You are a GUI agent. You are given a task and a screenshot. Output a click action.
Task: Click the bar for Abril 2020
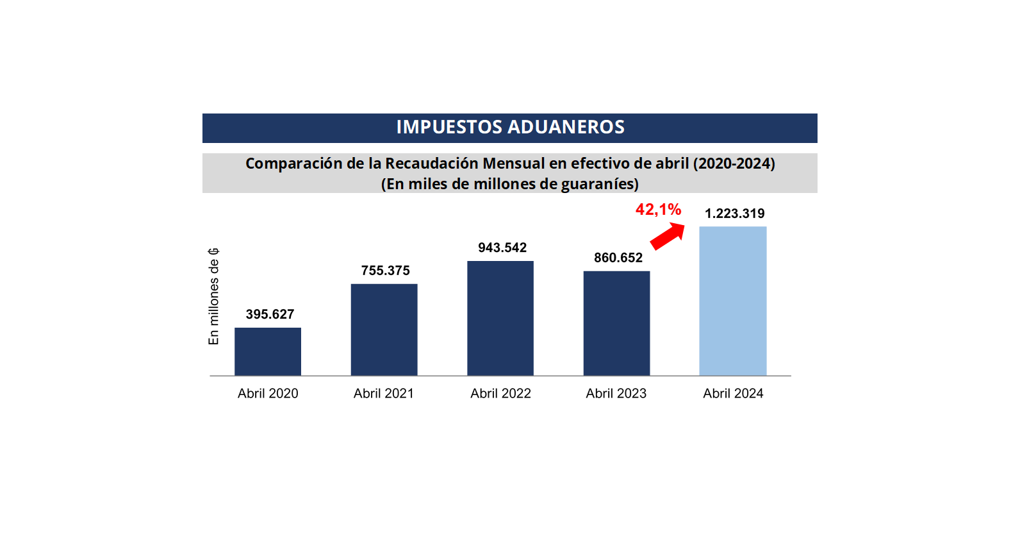pyautogui.click(x=268, y=351)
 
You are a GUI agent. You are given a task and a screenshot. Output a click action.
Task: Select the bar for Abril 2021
pyautogui.click(x=384, y=330)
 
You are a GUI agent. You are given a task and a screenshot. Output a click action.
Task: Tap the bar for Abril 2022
pyautogui.click(x=500, y=318)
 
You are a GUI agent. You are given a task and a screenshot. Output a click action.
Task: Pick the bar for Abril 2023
pyautogui.click(x=616, y=323)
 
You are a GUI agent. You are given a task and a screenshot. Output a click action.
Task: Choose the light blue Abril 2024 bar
pyautogui.click(x=732, y=301)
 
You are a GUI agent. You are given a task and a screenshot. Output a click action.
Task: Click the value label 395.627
pyautogui.click(x=270, y=314)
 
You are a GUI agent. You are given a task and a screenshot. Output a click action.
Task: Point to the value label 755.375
pyautogui.click(x=385, y=271)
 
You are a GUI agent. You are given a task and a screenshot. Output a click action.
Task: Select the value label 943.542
pyautogui.click(x=502, y=248)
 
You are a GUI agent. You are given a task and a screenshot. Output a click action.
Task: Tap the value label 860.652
pyautogui.click(x=618, y=258)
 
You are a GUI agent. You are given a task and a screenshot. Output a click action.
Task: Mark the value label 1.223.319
pyautogui.click(x=734, y=214)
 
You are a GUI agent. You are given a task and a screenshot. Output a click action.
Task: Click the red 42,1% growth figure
pyautogui.click(x=658, y=210)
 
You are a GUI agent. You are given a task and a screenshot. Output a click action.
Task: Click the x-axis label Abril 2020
pyautogui.click(x=268, y=394)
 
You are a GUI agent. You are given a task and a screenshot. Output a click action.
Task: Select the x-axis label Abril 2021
pyautogui.click(x=384, y=394)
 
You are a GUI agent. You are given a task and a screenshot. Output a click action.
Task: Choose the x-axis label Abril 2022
pyautogui.click(x=500, y=394)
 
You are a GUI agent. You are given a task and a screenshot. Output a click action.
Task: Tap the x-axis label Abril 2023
pyautogui.click(x=616, y=394)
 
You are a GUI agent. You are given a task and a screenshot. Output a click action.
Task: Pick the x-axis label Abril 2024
pyautogui.click(x=733, y=394)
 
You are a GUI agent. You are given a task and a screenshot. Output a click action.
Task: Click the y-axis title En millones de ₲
pyautogui.click(x=214, y=296)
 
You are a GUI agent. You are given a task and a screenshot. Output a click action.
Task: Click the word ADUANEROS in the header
pyautogui.click(x=573, y=127)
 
